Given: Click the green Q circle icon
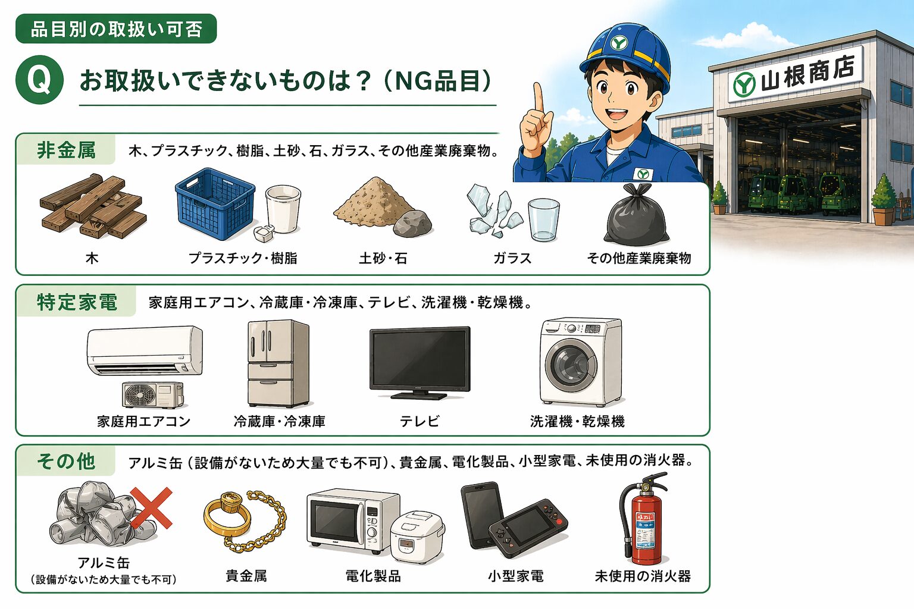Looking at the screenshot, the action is [x=40, y=80].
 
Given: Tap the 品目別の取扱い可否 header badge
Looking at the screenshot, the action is [x=116, y=29].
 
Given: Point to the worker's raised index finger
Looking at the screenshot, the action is [x=539, y=98].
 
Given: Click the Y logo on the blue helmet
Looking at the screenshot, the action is [x=619, y=42].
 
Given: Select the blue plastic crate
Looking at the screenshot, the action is [x=215, y=203].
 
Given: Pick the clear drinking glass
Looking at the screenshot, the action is [x=543, y=220].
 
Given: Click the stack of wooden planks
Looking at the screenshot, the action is [x=93, y=206].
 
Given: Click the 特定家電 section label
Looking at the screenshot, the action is [x=77, y=302].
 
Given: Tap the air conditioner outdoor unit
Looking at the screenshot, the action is [x=153, y=395].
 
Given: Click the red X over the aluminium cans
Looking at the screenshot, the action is [x=151, y=508].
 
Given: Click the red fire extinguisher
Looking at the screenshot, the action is [x=643, y=519].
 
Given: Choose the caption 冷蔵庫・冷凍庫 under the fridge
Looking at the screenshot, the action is [x=280, y=422].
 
